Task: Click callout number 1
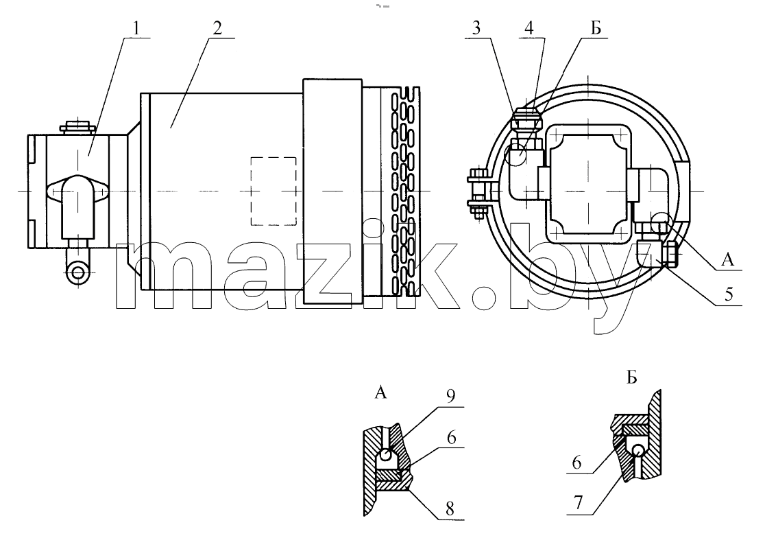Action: pyautogui.click(x=136, y=27)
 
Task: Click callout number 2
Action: pyautogui.click(x=217, y=27)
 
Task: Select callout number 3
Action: pyautogui.click(x=476, y=27)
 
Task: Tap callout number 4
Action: pyautogui.click(x=529, y=27)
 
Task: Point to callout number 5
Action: pyautogui.click(x=729, y=294)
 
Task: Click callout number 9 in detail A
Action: pyautogui.click(x=450, y=395)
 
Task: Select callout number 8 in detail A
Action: pyautogui.click(x=450, y=509)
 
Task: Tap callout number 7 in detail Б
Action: pyautogui.click(x=578, y=503)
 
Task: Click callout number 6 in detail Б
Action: pyautogui.click(x=577, y=462)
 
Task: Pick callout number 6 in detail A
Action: pyautogui.click(x=451, y=437)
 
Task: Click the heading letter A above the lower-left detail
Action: pyautogui.click(x=381, y=392)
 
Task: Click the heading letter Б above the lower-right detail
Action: pyautogui.click(x=632, y=377)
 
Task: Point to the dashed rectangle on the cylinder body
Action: pyautogui.click(x=274, y=191)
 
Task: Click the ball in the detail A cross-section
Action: pyautogui.click(x=385, y=456)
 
